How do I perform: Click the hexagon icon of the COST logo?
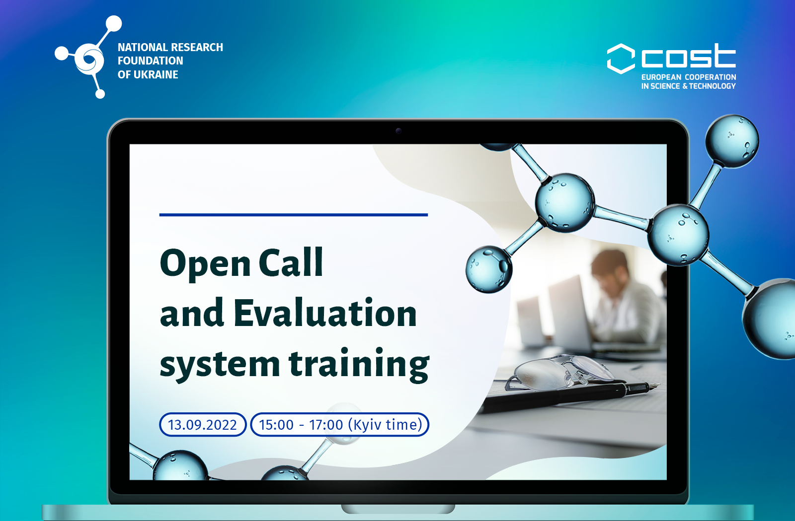(621, 59)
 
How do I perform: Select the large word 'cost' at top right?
(689, 56)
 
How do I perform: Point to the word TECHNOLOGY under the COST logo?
(713, 86)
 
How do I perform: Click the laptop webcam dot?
(398, 131)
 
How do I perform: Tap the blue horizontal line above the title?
(294, 215)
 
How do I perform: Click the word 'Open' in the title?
(206, 264)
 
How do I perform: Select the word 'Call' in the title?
(291, 262)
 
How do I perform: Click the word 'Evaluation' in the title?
(325, 313)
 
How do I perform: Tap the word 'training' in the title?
(359, 365)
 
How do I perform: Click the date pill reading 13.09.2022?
(203, 425)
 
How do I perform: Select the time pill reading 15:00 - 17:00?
(340, 425)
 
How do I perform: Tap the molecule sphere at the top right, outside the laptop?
(732, 141)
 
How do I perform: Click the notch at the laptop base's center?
(398, 509)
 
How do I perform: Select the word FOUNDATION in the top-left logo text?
(151, 61)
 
